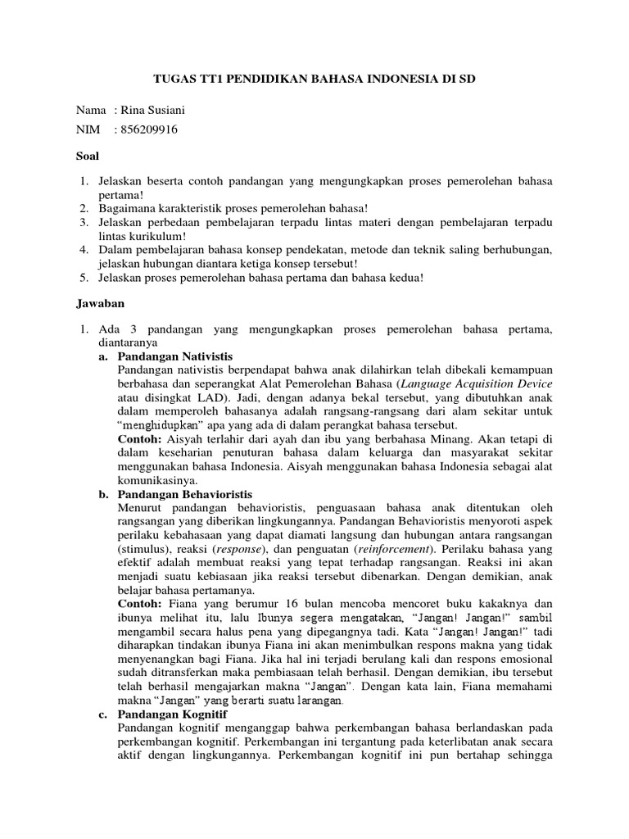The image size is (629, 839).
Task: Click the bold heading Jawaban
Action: tap(100, 303)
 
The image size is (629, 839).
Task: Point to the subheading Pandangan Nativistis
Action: tap(175, 357)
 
